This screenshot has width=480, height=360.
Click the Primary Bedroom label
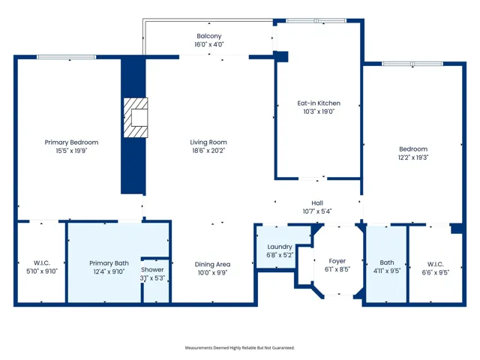[71, 142]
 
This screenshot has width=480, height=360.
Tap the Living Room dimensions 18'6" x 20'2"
[208, 151]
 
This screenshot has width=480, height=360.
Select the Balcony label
[209, 36]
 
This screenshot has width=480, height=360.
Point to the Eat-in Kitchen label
[319, 103]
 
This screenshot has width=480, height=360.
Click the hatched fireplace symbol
[136, 118]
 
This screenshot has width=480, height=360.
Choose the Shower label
[152, 270]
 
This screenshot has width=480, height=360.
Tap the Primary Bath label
[109, 263]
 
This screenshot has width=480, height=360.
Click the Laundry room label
[280, 247]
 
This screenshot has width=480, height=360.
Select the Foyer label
[337, 261]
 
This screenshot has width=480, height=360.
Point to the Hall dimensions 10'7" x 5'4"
[317, 211]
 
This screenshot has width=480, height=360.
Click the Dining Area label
[212, 265]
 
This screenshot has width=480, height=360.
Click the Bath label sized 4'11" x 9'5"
[387, 262]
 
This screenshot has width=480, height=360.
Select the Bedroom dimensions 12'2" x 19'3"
[413, 157]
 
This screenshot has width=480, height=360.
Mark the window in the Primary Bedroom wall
[67, 57]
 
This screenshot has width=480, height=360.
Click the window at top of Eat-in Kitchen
[316, 20]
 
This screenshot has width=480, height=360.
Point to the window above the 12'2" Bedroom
[412, 64]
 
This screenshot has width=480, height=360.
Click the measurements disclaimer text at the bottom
[240, 348]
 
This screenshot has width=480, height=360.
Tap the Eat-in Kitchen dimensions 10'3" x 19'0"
[319, 112]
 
